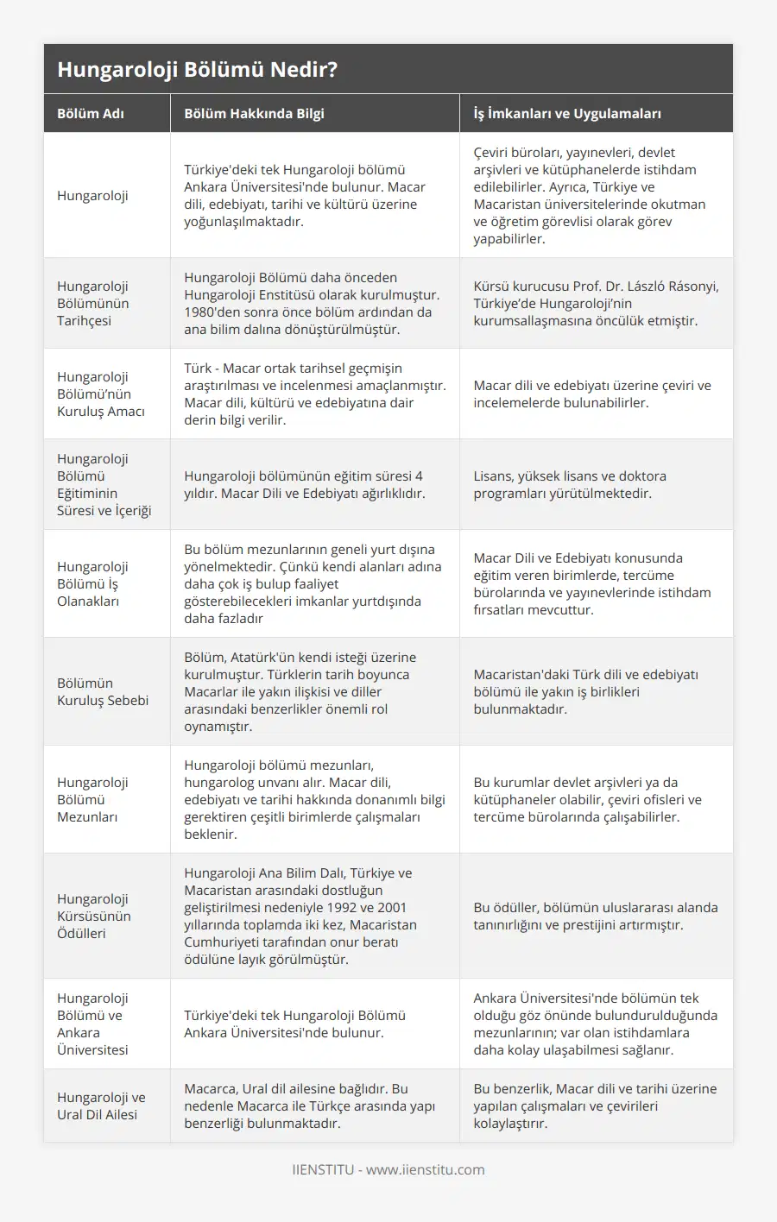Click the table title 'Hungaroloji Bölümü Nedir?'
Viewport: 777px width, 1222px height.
coord(197,70)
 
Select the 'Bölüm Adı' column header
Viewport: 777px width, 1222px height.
coord(91,113)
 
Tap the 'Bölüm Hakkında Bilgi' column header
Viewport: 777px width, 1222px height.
coord(254,113)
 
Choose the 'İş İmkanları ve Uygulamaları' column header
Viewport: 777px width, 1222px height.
coord(567,113)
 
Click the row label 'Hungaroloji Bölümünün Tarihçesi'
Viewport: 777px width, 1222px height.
coord(93,303)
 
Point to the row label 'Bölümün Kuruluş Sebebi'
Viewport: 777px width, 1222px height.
coord(103,691)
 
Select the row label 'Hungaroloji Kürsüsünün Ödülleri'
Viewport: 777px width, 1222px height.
coord(93,916)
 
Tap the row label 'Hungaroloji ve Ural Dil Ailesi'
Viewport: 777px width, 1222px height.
coord(101,1105)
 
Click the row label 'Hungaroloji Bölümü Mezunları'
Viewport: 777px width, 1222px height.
coord(92,799)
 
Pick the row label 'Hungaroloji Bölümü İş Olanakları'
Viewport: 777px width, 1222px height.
coord(92,583)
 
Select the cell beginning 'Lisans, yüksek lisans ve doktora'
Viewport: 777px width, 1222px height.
coord(570,484)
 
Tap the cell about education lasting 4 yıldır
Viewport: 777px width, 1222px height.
coord(304,484)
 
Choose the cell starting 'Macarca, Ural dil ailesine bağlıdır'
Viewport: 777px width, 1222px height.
coord(309,1105)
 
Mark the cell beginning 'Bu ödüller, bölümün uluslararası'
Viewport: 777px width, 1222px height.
coord(596,916)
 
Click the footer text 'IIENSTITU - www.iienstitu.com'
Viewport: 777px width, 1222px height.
coord(388,1169)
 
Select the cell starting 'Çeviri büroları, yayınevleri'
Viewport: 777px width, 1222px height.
coord(589,195)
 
